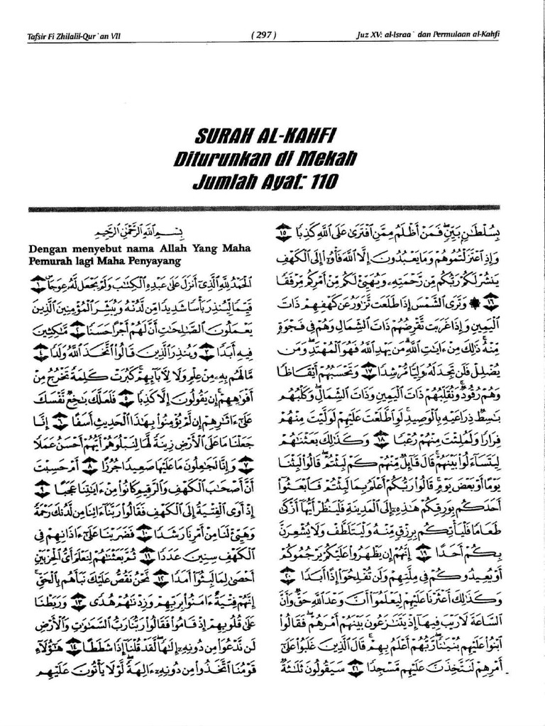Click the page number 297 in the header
pyautogui.click(x=263, y=35)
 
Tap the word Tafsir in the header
pyautogui.click(x=37, y=35)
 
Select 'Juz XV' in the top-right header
pyautogui.click(x=371, y=35)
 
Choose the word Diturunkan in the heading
pyautogui.click(x=235, y=159)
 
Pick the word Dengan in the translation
pyautogui.click(x=47, y=249)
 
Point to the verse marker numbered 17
pyautogui.click(x=370, y=370)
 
